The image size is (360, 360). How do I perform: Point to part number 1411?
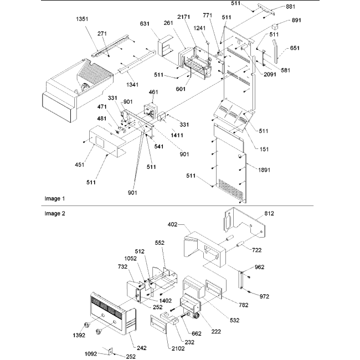click(x=177, y=135)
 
